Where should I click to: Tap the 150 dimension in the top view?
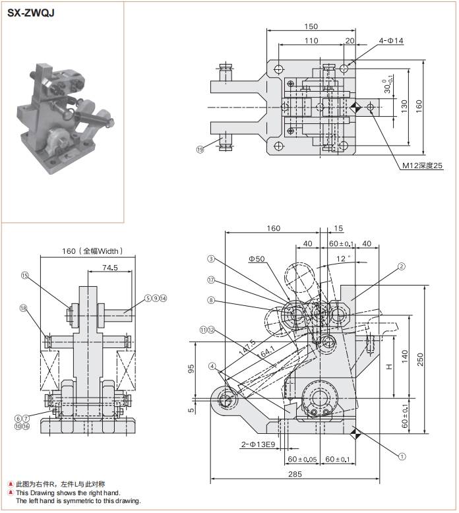click(311, 26)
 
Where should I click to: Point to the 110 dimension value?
click(311, 41)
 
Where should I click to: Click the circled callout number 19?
click(200, 150)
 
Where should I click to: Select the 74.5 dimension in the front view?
click(110, 268)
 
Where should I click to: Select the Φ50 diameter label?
click(257, 258)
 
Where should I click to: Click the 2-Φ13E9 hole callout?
click(259, 445)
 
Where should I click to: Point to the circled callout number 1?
click(400, 455)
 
